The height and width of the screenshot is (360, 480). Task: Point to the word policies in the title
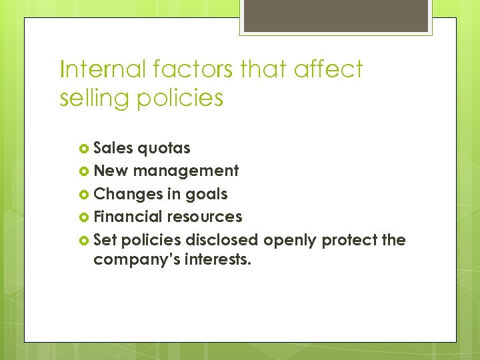coord(181,98)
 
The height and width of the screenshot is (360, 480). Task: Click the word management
coord(186,171)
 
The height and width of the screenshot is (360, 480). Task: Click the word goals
coord(207,195)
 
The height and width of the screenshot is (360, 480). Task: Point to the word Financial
coord(128,217)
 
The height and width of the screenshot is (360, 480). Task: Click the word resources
coord(205,217)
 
